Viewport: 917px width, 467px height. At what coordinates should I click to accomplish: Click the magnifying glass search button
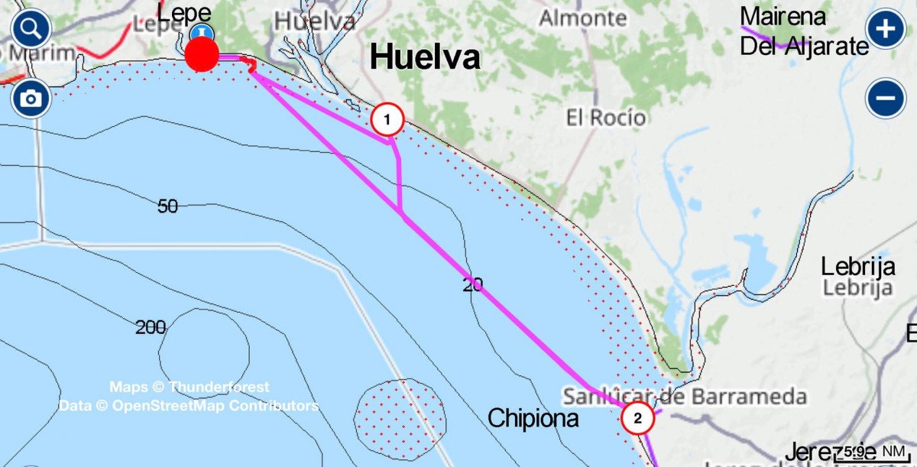pos(31,30)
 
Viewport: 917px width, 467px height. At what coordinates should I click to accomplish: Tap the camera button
pos(31,99)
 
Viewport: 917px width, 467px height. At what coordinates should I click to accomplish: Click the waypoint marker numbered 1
pos(387,119)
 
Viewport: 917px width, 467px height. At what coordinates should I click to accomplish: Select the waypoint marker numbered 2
pos(638,418)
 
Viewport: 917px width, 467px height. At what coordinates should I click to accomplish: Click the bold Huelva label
pos(425,57)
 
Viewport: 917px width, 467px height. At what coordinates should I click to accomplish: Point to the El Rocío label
pos(606,118)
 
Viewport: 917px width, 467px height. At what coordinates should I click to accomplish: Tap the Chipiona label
pos(533,418)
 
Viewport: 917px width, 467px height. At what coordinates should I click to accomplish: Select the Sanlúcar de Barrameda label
pos(685,397)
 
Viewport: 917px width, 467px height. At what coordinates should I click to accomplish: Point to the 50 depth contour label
pos(168,206)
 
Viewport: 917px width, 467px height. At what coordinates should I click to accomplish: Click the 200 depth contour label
pos(151,328)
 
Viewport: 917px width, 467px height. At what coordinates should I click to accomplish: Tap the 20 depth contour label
pos(473,284)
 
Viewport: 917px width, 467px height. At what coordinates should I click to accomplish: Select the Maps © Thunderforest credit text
pos(189,388)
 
